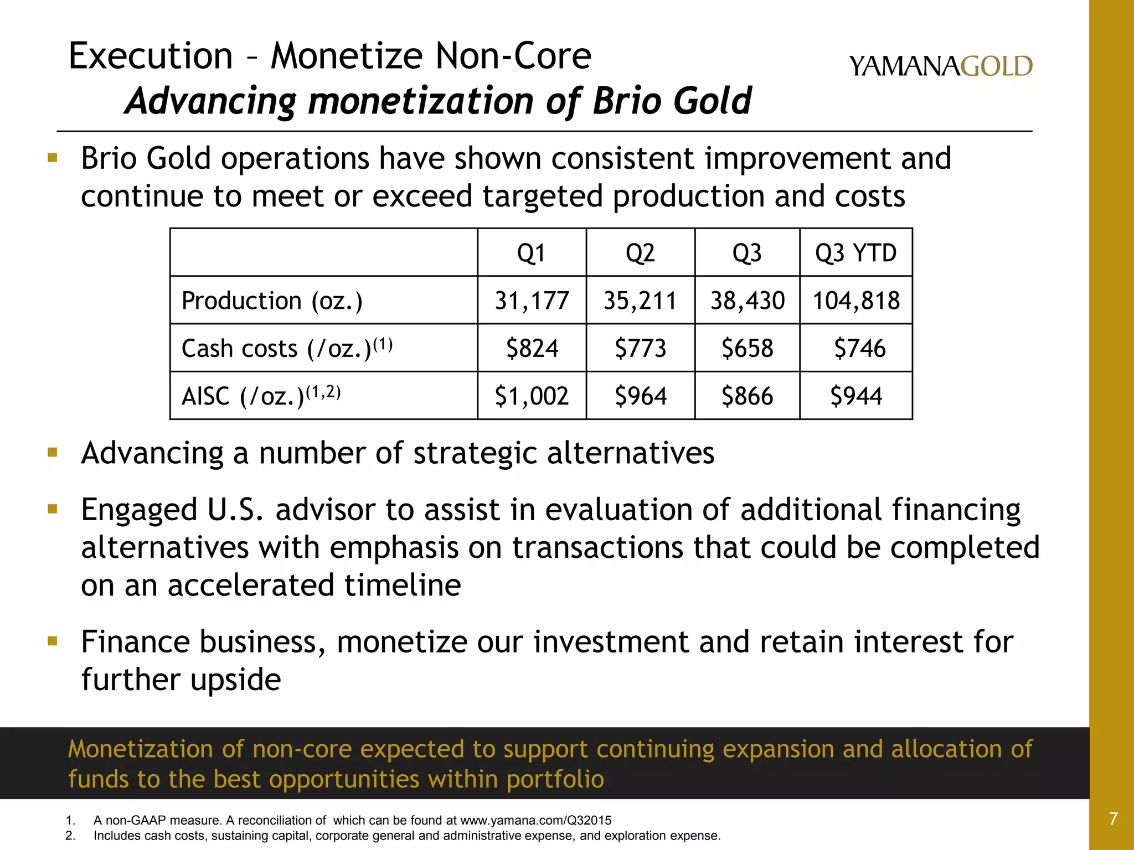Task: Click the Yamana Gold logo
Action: (x=940, y=66)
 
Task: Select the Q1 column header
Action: (x=531, y=253)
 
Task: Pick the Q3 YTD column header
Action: (x=855, y=253)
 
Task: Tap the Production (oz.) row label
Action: (x=272, y=301)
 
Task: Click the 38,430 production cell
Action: (x=747, y=301)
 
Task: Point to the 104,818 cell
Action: (x=855, y=301)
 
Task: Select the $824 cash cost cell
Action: (x=532, y=349)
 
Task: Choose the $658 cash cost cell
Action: (x=747, y=349)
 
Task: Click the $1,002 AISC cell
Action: (x=532, y=396)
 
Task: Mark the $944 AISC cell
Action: (x=855, y=396)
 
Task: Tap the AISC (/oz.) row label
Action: (x=261, y=396)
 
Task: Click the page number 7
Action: (x=1113, y=818)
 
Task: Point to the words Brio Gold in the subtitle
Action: (x=672, y=101)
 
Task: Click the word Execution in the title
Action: (x=150, y=56)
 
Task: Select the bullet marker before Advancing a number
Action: (x=53, y=453)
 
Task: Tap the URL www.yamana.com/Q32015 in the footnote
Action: (x=535, y=821)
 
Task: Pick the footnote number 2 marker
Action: (x=70, y=836)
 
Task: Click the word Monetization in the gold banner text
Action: (x=140, y=749)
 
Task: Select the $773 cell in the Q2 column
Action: (x=640, y=349)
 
